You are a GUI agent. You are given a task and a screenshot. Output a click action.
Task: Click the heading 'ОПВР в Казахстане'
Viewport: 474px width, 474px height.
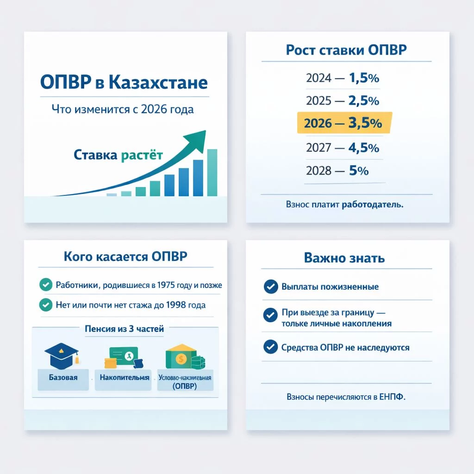click(124, 83)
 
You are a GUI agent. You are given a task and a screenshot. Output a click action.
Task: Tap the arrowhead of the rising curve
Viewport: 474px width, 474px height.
click(197, 137)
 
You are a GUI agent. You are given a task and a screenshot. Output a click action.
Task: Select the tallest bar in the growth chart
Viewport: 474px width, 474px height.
click(212, 172)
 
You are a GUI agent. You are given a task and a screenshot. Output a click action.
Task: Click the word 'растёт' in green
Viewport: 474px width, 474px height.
click(142, 155)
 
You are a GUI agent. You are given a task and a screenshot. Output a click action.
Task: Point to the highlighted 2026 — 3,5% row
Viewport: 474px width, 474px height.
click(343, 123)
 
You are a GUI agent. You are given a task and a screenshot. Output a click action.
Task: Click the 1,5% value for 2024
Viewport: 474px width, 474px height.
click(364, 78)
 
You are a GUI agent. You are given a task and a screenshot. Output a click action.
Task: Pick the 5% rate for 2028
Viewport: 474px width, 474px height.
click(359, 171)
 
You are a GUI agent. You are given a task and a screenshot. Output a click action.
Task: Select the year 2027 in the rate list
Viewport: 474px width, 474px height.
click(318, 148)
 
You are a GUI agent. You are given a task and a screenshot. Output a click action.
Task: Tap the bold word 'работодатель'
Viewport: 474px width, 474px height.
click(372, 204)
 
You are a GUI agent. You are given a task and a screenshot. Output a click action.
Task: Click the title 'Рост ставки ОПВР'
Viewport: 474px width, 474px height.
click(346, 50)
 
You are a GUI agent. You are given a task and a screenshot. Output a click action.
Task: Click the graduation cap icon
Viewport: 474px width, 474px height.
click(62, 354)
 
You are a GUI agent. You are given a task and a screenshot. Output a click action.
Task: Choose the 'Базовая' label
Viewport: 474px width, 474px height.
click(63, 377)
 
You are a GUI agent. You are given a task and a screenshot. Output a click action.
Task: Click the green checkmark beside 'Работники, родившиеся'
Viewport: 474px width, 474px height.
click(45, 285)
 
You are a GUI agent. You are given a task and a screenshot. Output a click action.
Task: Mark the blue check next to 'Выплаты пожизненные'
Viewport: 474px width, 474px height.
click(270, 287)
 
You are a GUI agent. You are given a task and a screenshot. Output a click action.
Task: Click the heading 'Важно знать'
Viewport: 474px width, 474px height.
click(344, 258)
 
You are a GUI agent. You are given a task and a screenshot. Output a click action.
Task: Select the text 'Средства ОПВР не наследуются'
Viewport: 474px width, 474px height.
click(345, 347)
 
